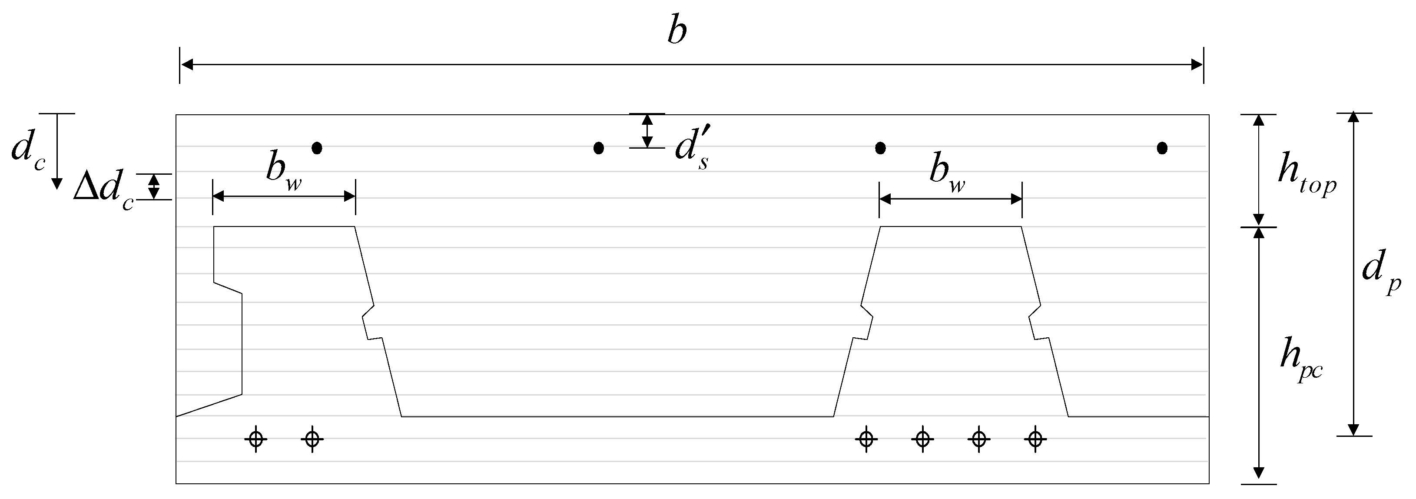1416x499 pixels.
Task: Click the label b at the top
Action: click(677, 31)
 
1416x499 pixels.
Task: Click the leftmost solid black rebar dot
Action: click(317, 147)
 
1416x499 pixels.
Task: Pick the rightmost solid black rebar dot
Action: click(1162, 147)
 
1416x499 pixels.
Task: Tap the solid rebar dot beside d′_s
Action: click(599, 147)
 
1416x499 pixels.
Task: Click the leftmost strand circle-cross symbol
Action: click(255, 439)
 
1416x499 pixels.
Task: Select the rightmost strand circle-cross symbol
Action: click(1036, 439)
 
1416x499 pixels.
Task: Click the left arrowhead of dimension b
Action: click(187, 65)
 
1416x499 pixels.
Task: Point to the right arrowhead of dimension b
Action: click(1197, 65)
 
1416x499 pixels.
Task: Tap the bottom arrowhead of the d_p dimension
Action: click(1353, 430)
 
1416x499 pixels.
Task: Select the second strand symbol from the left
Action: click(312, 439)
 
